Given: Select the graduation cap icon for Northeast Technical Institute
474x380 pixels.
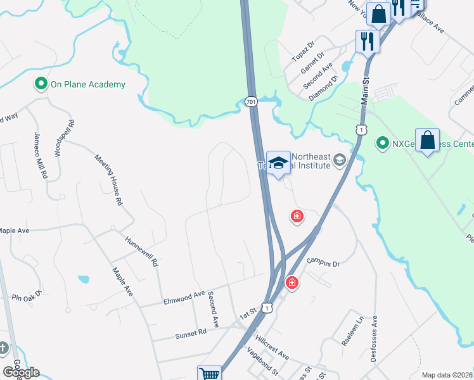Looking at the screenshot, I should click(x=278, y=163).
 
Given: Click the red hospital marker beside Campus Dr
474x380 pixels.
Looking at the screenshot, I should click(x=292, y=282).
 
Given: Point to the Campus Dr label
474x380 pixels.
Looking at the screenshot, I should click(x=323, y=262).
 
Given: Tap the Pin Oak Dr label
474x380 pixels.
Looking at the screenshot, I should click(x=26, y=295).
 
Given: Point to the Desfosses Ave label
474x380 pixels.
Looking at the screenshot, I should click(x=375, y=338).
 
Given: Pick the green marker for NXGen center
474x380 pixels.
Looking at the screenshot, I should click(x=382, y=143).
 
